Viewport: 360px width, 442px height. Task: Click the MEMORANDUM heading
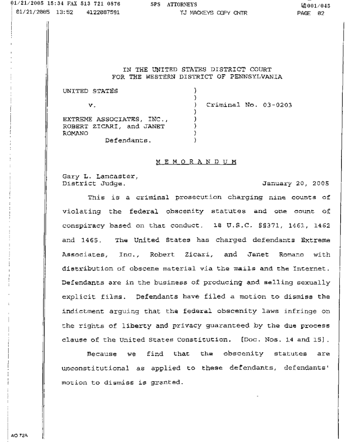click(x=196, y=162)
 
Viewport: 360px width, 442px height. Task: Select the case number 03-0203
click(x=277, y=105)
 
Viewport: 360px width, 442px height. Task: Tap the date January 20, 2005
click(x=296, y=183)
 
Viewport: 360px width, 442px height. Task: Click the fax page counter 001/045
click(x=318, y=5)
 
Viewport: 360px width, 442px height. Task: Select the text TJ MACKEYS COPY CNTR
click(x=214, y=13)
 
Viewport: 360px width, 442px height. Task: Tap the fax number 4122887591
click(x=103, y=13)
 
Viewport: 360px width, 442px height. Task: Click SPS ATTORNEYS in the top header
click(x=174, y=5)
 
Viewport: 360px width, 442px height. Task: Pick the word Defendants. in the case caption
click(x=128, y=140)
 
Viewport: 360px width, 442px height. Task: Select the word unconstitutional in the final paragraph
click(x=96, y=368)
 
